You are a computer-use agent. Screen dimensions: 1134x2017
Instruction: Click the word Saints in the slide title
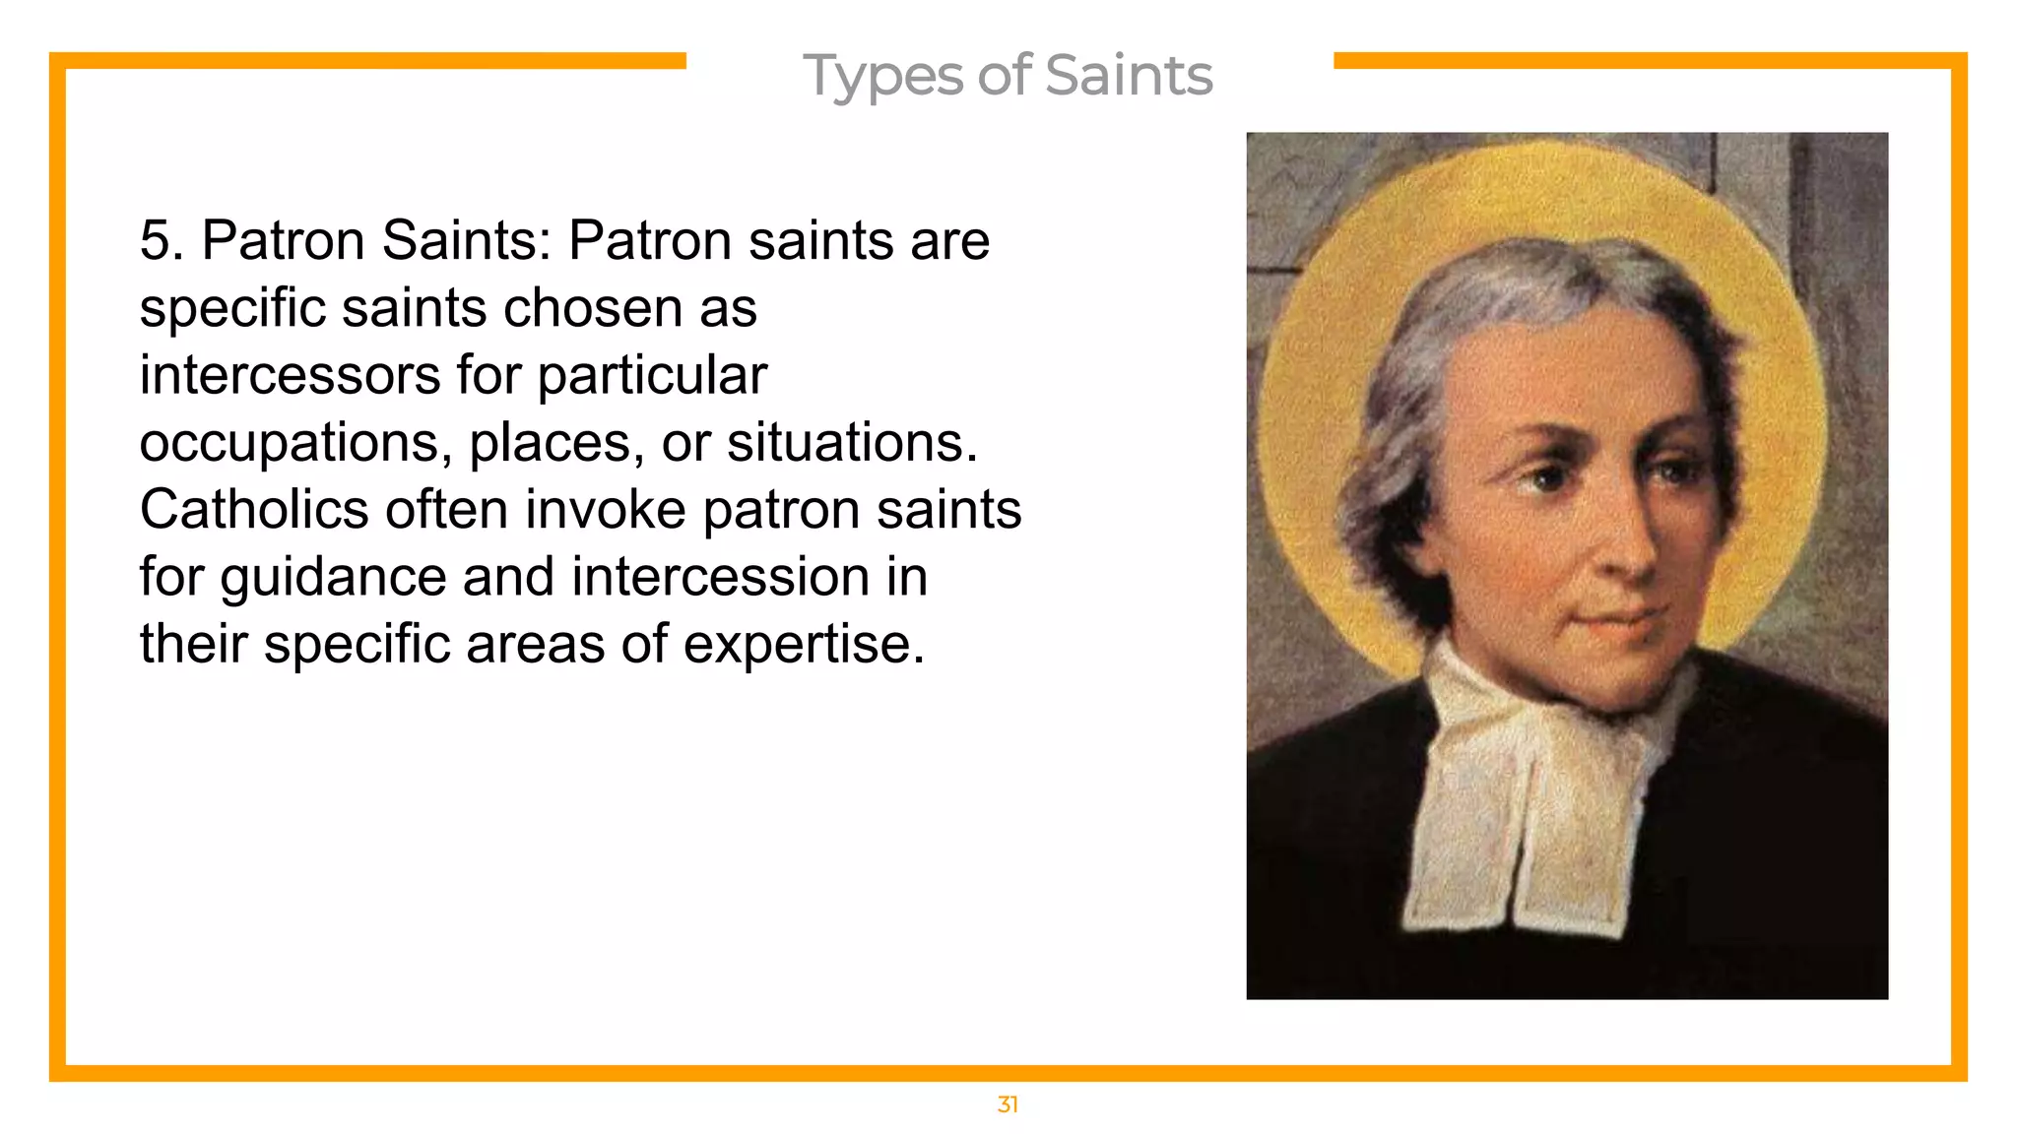[x=1128, y=75]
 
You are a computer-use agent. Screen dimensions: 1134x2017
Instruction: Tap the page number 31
[x=1007, y=1104]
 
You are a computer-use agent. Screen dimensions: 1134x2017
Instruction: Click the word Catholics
[x=253, y=510]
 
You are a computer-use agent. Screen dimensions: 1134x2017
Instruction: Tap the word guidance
[x=333, y=578]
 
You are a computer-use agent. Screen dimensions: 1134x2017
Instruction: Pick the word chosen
[x=594, y=309]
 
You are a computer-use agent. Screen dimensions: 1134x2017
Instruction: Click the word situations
[x=852, y=443]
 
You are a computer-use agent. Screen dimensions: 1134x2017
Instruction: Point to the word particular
[x=651, y=376]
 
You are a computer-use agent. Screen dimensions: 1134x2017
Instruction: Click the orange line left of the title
[x=374, y=61]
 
